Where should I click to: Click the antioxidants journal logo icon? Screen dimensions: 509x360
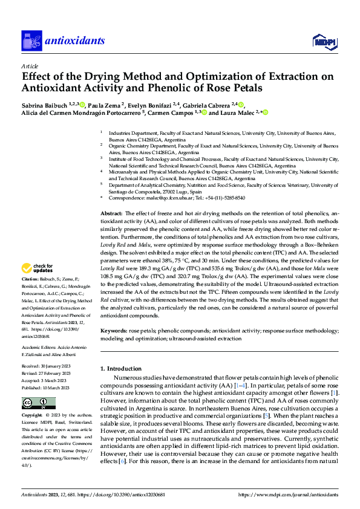click(x=30, y=41)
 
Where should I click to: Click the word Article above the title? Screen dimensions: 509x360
click(x=29, y=66)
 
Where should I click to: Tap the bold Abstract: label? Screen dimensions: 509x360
click(x=111, y=213)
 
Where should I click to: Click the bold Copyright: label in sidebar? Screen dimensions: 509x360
click(x=33, y=417)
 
